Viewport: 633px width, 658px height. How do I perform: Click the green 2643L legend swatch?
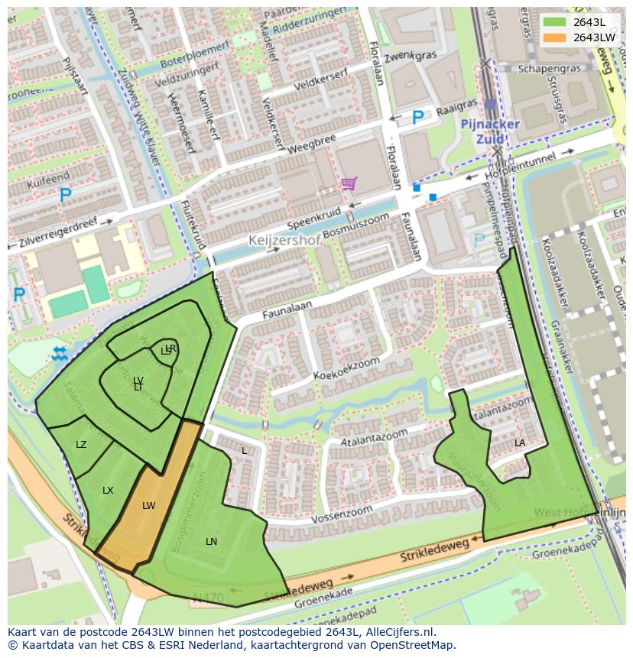pyautogui.click(x=556, y=22)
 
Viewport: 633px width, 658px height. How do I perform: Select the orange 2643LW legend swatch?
pyautogui.click(x=556, y=37)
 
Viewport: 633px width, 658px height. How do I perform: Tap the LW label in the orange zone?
pyautogui.click(x=148, y=505)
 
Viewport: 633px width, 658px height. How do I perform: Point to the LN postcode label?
pyautogui.click(x=211, y=541)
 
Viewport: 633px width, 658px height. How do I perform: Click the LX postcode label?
pyautogui.click(x=108, y=490)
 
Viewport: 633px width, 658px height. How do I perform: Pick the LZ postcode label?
pyautogui.click(x=81, y=444)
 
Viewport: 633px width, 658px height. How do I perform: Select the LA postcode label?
pyautogui.click(x=520, y=442)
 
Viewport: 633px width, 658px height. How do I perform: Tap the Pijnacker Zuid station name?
pyautogui.click(x=489, y=130)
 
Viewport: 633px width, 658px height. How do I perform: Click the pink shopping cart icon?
pyautogui.click(x=349, y=183)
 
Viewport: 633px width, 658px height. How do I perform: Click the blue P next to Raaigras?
pyautogui.click(x=417, y=118)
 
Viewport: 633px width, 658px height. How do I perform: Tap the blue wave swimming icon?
pyautogui.click(x=59, y=353)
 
